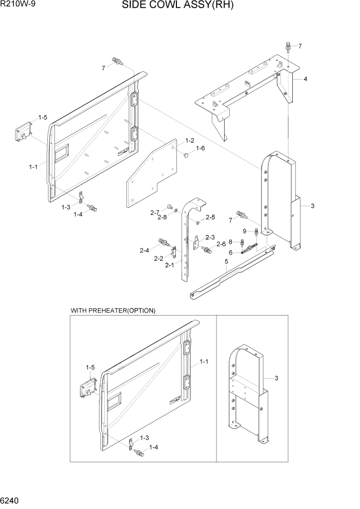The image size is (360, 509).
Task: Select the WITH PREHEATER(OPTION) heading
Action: [113, 311]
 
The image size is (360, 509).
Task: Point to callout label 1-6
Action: [200, 148]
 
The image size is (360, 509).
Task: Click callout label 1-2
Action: [189, 141]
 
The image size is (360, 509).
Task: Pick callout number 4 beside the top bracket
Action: [305, 79]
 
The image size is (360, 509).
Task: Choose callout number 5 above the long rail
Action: [226, 262]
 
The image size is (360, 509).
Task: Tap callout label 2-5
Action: [210, 218]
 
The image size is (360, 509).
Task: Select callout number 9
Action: [245, 230]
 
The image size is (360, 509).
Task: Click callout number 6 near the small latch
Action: [231, 252]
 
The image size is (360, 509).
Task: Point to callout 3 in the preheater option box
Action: [276, 379]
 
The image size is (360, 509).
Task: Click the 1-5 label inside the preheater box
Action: [90, 367]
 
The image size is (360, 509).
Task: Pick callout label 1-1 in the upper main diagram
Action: [34, 167]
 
